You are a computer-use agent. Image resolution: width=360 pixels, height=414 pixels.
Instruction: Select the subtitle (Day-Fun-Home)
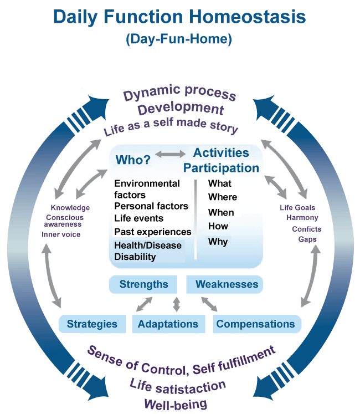(x=178, y=40)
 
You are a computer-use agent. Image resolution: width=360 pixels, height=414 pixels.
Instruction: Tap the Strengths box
(x=143, y=284)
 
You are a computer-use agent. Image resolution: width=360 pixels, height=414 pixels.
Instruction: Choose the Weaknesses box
(x=227, y=284)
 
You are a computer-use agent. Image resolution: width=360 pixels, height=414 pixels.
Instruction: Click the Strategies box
(x=92, y=324)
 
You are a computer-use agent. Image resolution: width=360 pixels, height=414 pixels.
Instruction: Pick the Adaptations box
(x=168, y=324)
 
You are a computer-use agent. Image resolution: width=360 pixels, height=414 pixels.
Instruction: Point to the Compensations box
(x=255, y=324)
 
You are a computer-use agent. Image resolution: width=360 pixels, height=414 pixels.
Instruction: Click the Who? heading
(x=133, y=160)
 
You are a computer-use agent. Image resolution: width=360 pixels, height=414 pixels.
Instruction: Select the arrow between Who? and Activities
(x=171, y=154)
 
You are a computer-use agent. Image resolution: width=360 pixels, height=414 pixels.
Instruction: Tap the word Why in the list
(x=218, y=242)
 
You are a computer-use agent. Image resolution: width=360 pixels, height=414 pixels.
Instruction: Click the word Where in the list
(x=222, y=197)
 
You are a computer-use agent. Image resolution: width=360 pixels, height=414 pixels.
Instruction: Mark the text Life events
(x=138, y=218)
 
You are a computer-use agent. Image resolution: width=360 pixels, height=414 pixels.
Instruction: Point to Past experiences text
(x=152, y=232)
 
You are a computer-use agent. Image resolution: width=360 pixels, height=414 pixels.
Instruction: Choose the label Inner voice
(x=61, y=234)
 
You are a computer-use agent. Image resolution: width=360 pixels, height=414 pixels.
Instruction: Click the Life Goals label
(x=297, y=208)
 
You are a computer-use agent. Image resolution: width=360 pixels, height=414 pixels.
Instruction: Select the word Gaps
(x=307, y=239)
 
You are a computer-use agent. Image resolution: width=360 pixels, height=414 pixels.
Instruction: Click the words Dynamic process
(x=179, y=94)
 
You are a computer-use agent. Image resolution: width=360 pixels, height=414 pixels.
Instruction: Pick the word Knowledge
(x=70, y=208)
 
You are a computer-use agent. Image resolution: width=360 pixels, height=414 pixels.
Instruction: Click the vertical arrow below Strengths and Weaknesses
(x=177, y=304)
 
